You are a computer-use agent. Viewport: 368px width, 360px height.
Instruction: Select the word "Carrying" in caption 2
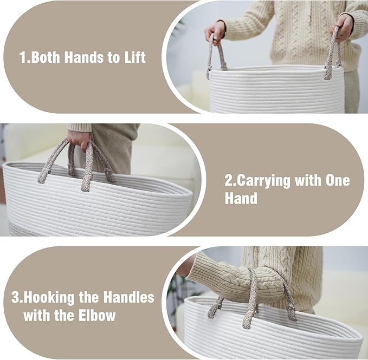[264, 181]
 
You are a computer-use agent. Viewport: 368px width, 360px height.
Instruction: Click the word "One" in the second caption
[338, 180]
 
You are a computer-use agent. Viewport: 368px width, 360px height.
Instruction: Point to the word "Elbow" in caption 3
[97, 315]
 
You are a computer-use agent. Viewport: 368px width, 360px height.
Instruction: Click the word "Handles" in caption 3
[129, 297]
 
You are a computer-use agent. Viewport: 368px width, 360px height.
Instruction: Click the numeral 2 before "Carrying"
[229, 181]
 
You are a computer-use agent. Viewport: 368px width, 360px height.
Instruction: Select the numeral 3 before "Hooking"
[16, 297]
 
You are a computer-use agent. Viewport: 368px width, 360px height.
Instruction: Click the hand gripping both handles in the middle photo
[79, 140]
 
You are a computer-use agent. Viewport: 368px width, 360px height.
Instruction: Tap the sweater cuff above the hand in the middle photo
[80, 128]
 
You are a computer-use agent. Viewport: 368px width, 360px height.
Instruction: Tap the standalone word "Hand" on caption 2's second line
[241, 198]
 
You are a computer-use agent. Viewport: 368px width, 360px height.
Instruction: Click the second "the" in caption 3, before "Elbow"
[64, 315]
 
